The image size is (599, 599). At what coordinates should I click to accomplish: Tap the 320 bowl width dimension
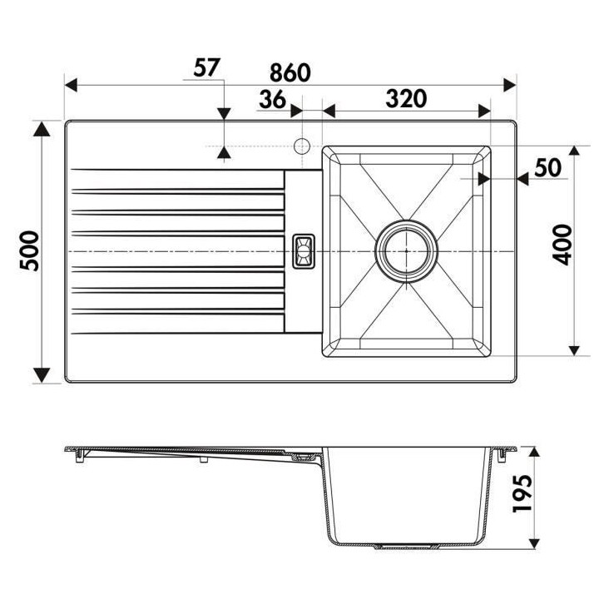point(405,98)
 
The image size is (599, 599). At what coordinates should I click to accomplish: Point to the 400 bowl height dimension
point(565,244)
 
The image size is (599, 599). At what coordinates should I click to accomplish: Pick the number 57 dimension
point(208,67)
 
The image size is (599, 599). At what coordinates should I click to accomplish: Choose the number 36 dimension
point(271,99)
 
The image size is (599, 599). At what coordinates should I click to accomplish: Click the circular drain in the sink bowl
point(406,250)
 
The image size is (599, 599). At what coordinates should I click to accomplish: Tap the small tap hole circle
point(302,146)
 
